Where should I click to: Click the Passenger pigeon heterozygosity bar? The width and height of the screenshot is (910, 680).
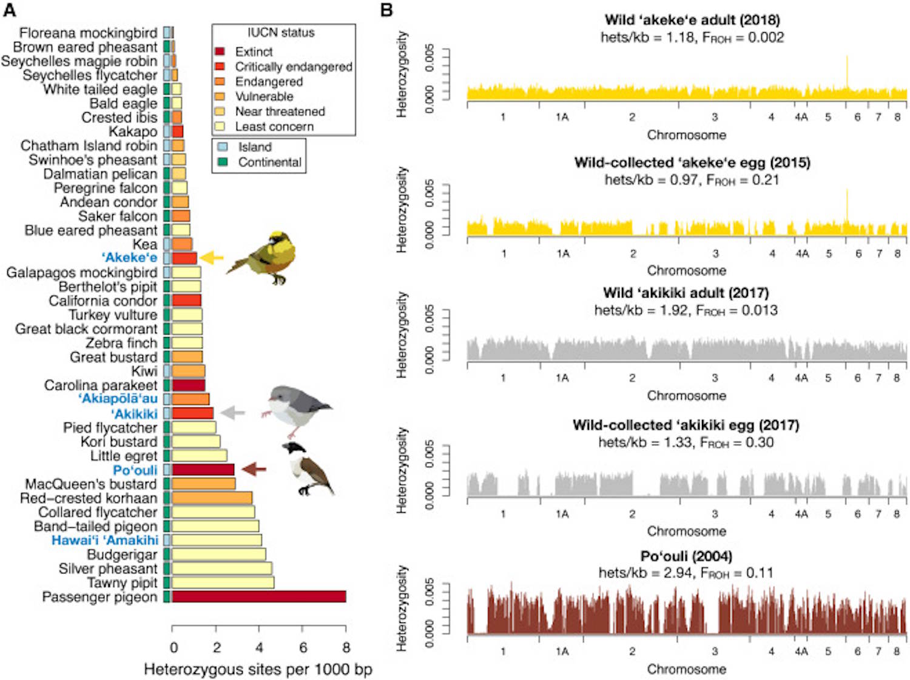(259, 597)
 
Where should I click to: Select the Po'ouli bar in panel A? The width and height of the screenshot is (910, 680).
(203, 470)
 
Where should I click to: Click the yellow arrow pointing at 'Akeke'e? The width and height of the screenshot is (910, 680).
(212, 258)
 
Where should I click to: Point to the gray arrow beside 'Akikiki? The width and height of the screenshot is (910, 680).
(232, 413)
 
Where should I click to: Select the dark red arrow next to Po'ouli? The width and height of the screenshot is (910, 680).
(254, 469)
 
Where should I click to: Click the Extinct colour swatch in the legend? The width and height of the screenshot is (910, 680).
(220, 52)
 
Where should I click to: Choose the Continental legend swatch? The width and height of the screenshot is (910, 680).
(223, 162)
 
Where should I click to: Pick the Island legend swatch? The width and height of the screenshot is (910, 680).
(223, 147)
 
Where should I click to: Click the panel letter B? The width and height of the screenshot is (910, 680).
(386, 10)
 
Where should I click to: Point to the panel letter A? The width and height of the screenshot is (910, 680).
(10, 10)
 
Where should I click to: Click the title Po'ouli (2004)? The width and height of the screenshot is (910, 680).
(686, 556)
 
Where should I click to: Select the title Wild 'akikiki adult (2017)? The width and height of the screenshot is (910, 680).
(686, 293)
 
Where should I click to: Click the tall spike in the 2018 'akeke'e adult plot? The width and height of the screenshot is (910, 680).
(847, 73)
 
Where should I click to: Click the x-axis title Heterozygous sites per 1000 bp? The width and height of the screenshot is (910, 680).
(258, 669)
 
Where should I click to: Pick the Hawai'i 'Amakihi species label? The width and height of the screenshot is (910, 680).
(104, 540)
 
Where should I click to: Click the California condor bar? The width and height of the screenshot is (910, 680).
(186, 301)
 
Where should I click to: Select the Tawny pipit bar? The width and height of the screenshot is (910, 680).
(223, 583)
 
